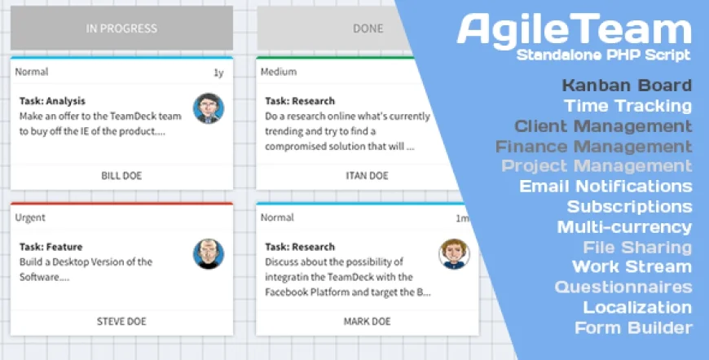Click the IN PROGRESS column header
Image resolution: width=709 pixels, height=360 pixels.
[121, 29]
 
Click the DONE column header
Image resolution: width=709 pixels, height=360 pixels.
[367, 29]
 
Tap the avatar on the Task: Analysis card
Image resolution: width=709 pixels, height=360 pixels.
[209, 108]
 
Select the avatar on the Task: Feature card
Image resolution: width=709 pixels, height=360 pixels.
[209, 254]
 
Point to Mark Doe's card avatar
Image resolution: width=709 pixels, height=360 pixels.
[454, 254]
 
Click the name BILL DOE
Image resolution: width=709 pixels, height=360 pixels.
[121, 175]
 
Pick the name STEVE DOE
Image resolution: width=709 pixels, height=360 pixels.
[121, 321]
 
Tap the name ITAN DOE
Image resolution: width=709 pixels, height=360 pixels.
[367, 175]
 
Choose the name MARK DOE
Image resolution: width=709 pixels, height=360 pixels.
[367, 321]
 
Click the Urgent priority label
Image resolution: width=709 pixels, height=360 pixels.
[30, 217]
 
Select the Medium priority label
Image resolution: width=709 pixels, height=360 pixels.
[278, 72]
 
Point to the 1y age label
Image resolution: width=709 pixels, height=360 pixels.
[218, 72]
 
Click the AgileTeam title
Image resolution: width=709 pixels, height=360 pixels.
[574, 30]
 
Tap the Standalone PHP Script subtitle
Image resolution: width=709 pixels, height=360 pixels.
[603, 55]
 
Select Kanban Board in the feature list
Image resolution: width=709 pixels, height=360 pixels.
[627, 86]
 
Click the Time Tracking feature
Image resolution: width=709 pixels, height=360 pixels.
[628, 106]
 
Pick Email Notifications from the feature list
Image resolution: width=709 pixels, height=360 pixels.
[606, 187]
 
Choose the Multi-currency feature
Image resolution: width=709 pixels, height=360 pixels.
[624, 227]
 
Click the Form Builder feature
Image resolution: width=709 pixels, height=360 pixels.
[633, 328]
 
